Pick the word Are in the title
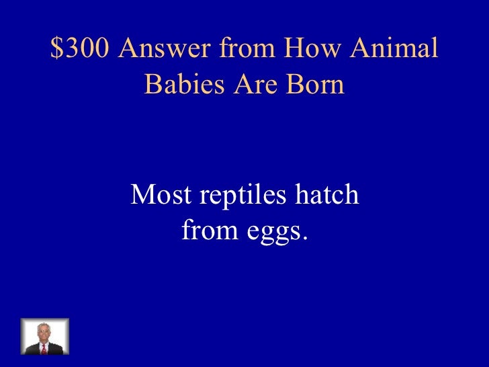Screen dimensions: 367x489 (x=253, y=85)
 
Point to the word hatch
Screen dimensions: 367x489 (x=325, y=196)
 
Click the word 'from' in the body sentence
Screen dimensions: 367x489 (x=207, y=231)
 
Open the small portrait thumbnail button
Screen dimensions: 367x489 (x=45, y=337)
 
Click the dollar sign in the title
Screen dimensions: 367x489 (x=56, y=49)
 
